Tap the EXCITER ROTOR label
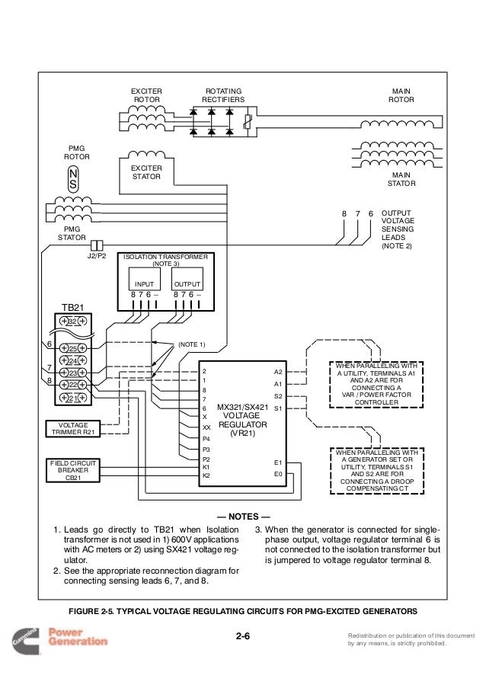(147, 94)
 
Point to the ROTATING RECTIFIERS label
(223, 94)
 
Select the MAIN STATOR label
(401, 178)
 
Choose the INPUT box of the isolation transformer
(145, 283)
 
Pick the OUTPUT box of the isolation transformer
(187, 283)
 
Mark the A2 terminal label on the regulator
(277, 372)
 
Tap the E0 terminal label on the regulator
(277, 473)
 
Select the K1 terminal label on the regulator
(206, 466)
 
